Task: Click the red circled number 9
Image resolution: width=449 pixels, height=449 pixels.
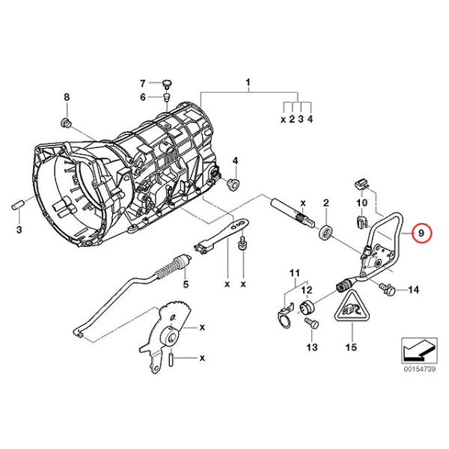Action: pos(421,233)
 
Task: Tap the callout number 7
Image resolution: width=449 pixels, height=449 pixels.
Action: pos(143,83)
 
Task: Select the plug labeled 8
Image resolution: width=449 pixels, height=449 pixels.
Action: pos(66,123)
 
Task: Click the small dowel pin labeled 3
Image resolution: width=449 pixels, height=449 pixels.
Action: pos(17,207)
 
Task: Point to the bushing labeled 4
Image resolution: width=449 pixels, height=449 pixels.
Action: pos(233,183)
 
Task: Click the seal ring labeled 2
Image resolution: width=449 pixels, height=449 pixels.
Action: pos(325,231)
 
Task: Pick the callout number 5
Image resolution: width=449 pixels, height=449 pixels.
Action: pos(186,284)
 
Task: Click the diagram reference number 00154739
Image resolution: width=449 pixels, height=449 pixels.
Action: pos(420,369)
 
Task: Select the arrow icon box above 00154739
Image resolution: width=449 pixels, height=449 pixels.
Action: pos(419,350)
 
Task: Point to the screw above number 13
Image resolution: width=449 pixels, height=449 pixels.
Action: pos(311,324)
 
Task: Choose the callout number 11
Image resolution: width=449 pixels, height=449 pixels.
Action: pos(294,273)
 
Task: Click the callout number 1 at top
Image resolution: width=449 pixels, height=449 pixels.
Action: pos(248,82)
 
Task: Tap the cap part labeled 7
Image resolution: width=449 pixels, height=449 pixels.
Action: pos(166,83)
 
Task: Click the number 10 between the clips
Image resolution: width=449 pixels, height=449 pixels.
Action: pos(362,203)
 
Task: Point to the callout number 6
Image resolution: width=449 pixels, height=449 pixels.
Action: pos(143,97)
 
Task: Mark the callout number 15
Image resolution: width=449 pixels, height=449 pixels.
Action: pos(352,347)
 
